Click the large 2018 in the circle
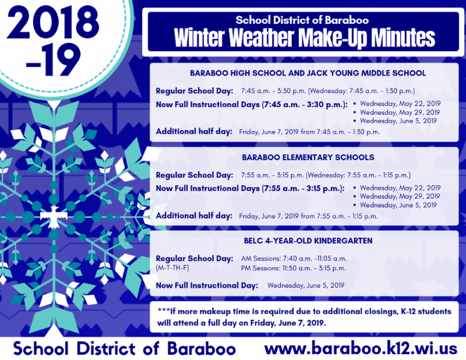tap(53, 23)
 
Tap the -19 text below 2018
tap(54, 60)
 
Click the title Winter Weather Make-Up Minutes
tap(304, 38)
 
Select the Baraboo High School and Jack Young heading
tap(308, 73)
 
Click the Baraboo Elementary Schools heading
tap(308, 157)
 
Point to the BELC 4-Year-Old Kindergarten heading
tap(308, 241)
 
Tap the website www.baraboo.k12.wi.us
tap(361, 348)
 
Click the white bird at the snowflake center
tap(54, 217)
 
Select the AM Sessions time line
tap(294, 259)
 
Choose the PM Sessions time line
tap(294, 269)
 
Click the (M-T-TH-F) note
tap(172, 268)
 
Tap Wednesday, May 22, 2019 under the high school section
tap(400, 104)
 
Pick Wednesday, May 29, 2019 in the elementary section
tap(400, 196)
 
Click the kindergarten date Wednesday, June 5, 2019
tap(306, 285)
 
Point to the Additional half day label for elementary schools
tap(194, 216)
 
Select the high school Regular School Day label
tap(195, 91)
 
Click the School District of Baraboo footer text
tap(125, 348)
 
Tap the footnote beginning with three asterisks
tap(304, 317)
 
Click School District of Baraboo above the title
tap(302, 20)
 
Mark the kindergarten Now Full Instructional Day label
tap(207, 285)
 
